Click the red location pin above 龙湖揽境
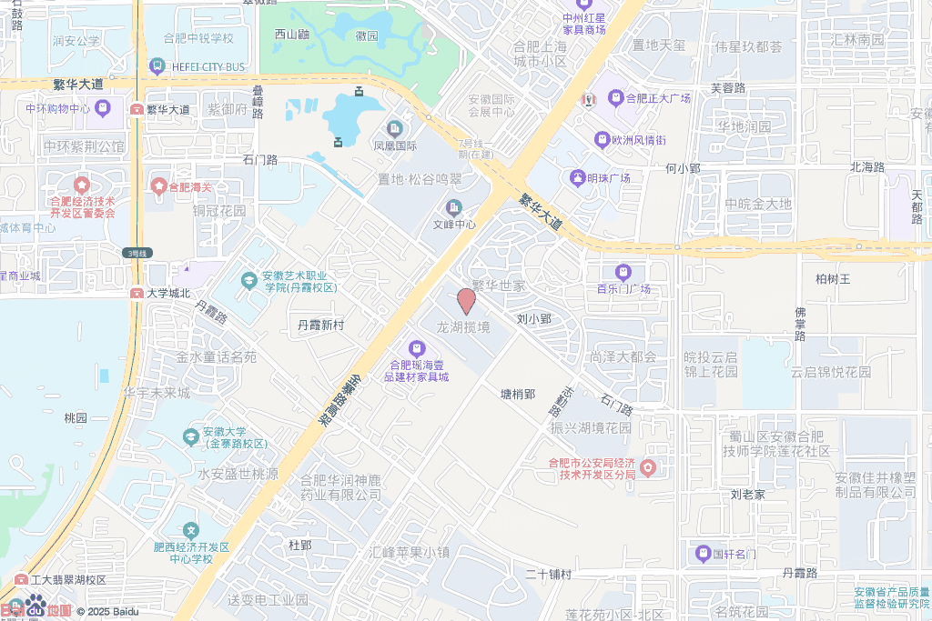click(465, 301)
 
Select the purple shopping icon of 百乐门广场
click(623, 272)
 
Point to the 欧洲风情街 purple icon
click(602, 140)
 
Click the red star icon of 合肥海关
click(159, 186)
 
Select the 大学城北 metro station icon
click(137, 293)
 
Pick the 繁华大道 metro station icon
click(137, 109)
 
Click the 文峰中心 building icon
click(453, 207)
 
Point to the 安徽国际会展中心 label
click(491, 105)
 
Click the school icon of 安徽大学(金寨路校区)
click(190, 437)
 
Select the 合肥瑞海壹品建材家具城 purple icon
click(416, 347)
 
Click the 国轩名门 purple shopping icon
click(703, 553)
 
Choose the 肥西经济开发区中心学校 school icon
click(190, 529)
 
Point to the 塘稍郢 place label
click(518, 394)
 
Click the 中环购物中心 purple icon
click(102, 109)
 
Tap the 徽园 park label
click(367, 36)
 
